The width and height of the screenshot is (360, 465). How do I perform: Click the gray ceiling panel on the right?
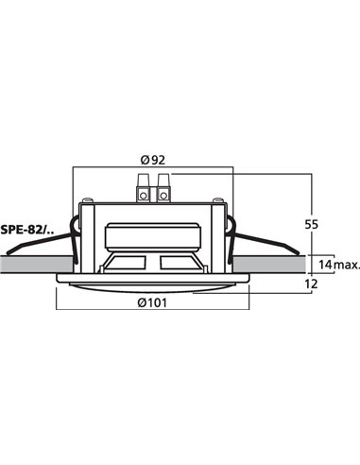coord(274,265)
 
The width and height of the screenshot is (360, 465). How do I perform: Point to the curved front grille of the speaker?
coord(152,283)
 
